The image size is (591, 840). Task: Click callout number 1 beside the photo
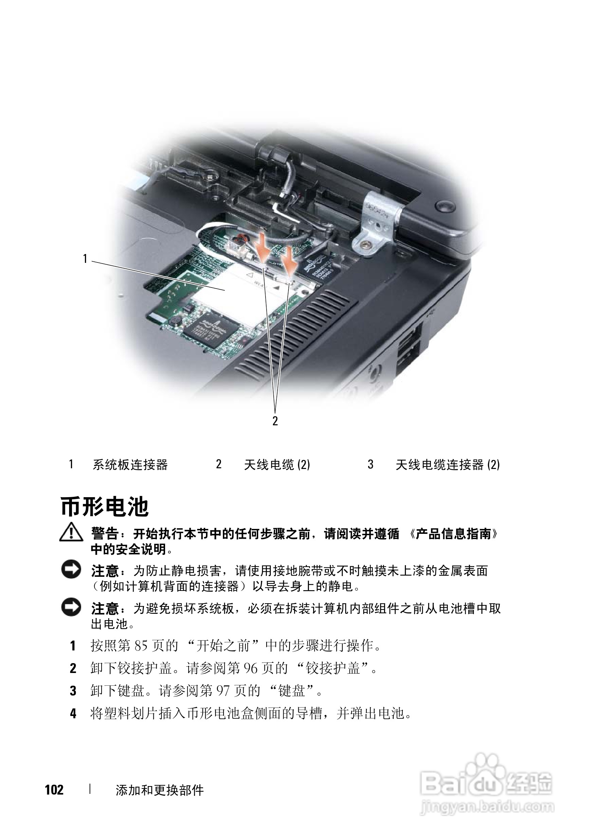pos(85,259)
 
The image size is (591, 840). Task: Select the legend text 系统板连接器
pos(130,465)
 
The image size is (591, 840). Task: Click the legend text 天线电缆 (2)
pos(277,465)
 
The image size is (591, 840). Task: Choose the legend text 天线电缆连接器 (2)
pos(448,465)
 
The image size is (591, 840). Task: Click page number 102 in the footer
pos(54,790)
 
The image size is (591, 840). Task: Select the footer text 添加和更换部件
pos(160,790)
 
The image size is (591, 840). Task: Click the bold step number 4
pos(73,714)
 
